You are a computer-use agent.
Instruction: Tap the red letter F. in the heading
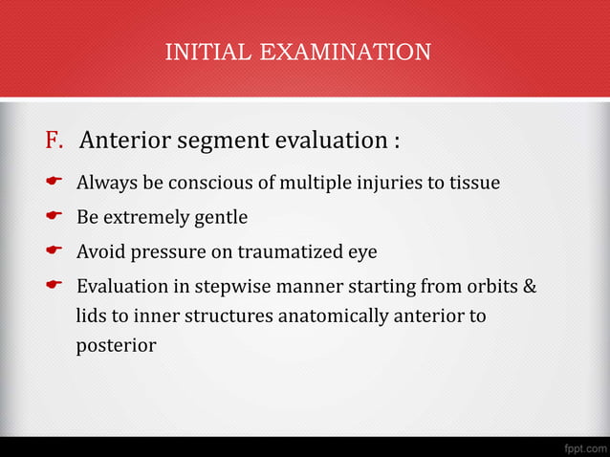tap(54, 141)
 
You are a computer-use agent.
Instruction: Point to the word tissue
tap(474, 183)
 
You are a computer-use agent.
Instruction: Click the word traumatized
tap(291, 252)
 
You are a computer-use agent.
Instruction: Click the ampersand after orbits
tap(531, 287)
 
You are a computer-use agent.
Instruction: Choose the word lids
tap(92, 316)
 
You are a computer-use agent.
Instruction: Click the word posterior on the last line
tap(116, 345)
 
